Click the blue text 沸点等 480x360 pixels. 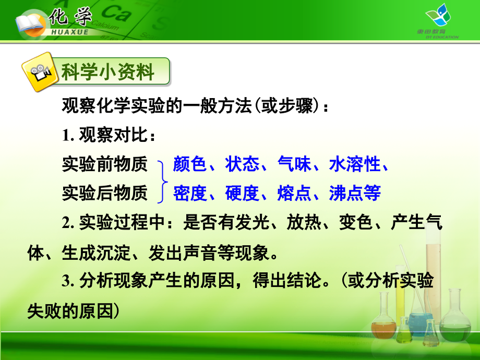coord(355,194)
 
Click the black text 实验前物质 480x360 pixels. coord(105,165)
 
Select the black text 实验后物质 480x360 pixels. coord(105,194)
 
